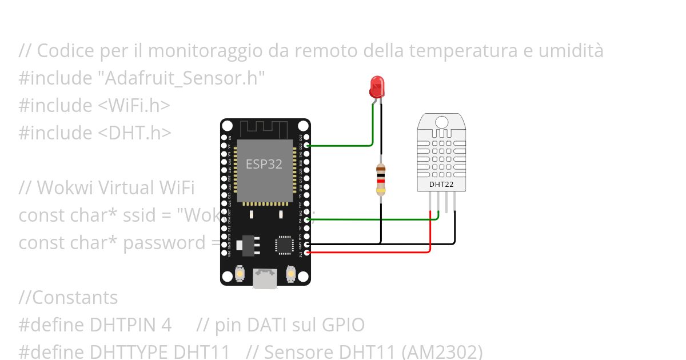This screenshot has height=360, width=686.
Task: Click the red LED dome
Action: click(x=377, y=87)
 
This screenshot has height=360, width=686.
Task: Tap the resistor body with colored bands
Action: click(x=381, y=179)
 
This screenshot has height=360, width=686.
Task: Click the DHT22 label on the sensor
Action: click(x=441, y=184)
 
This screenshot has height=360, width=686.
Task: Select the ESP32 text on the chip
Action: click(x=264, y=164)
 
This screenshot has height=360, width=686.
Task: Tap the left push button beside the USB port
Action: click(x=240, y=275)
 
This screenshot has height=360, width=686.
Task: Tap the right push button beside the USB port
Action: click(x=291, y=275)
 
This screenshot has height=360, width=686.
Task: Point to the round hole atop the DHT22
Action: click(x=441, y=122)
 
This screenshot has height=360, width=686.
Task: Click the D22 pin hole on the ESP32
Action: click(x=308, y=146)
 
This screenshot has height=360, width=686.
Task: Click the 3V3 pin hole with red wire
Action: click(x=308, y=252)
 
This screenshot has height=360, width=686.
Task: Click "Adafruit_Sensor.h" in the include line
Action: click(x=185, y=78)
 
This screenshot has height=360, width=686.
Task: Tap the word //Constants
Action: click(x=68, y=298)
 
